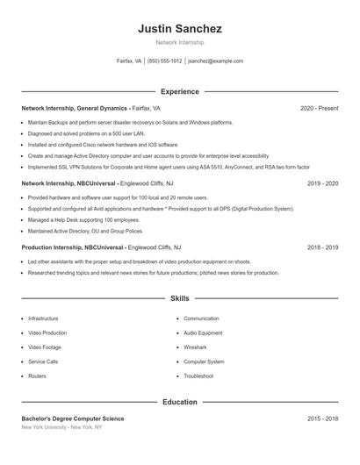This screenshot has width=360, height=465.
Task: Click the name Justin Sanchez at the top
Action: click(179, 29)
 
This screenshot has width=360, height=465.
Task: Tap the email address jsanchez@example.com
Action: click(215, 61)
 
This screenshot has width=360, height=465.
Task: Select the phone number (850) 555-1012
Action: click(165, 61)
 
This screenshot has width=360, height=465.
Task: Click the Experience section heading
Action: click(179, 91)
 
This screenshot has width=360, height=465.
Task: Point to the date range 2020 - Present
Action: click(319, 108)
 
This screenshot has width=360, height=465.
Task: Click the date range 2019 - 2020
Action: click(322, 183)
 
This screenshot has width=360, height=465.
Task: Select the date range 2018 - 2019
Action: click(322, 247)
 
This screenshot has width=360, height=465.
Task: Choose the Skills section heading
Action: click(179, 299)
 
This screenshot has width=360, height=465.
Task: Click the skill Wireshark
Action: click(197, 347)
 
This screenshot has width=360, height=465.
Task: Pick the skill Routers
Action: click(37, 376)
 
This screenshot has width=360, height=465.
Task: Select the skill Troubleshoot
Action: click(198, 376)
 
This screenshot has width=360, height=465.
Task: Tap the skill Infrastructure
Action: click(43, 318)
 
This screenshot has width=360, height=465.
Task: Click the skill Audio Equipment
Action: click(203, 333)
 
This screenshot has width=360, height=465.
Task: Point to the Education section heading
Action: click(179, 402)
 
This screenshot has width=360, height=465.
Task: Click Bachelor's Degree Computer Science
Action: click(73, 418)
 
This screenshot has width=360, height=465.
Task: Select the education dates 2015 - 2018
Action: click(322, 418)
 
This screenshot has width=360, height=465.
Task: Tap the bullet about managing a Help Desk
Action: click(73, 220)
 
